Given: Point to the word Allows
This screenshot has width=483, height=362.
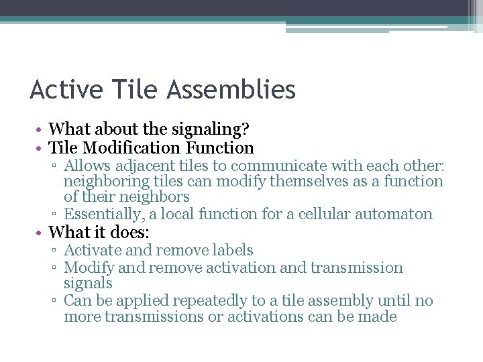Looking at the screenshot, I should [85, 166].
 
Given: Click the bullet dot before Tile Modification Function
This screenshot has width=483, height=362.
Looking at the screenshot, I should [42, 148].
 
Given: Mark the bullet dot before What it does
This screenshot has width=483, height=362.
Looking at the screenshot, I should [42, 233].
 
